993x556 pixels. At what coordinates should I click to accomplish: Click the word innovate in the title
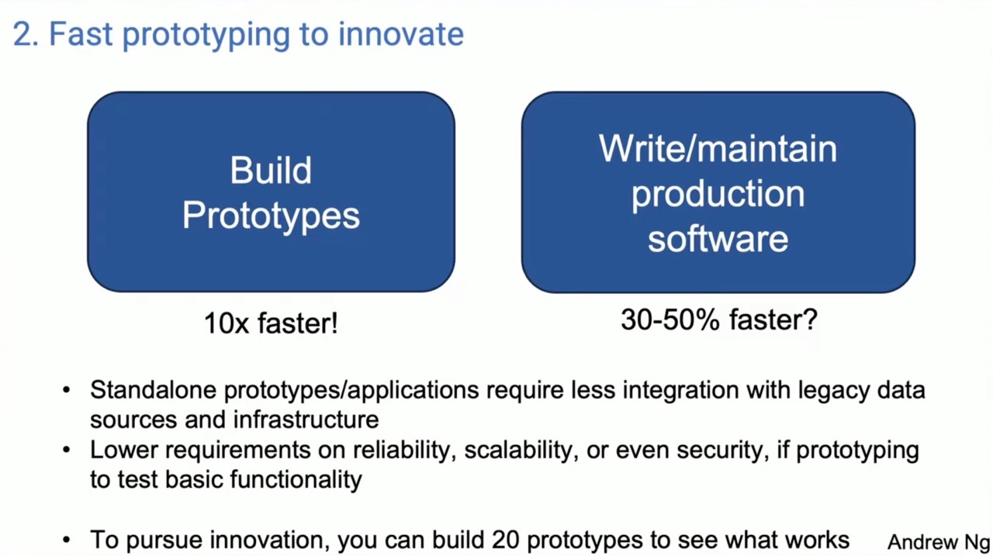(x=401, y=34)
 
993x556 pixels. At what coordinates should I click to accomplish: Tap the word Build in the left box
(x=271, y=170)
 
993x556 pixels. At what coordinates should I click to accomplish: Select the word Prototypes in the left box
(x=271, y=216)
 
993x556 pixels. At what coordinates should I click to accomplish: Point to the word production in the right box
(x=718, y=195)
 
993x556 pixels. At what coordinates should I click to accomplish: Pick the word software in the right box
(x=718, y=240)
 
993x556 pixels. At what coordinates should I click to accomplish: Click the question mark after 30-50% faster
(x=809, y=319)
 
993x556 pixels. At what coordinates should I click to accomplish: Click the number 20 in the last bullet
(x=505, y=540)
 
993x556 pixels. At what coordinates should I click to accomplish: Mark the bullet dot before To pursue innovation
(x=67, y=540)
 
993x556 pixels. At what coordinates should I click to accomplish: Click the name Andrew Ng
(x=939, y=542)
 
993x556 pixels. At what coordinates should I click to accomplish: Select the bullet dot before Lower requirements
(x=67, y=450)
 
